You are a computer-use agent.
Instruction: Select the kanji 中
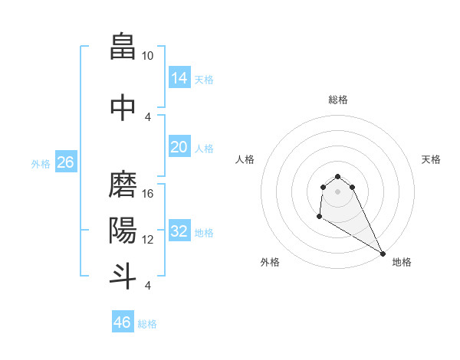click(123, 106)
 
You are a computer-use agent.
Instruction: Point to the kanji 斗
click(123, 275)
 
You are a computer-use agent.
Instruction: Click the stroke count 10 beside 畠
click(148, 56)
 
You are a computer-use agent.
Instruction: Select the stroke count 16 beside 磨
click(148, 194)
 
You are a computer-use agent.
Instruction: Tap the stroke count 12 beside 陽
click(148, 239)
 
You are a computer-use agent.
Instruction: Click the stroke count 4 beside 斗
click(147, 286)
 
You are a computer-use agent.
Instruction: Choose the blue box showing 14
click(179, 77)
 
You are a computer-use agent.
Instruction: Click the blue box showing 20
click(179, 146)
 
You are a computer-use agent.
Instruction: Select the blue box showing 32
click(179, 231)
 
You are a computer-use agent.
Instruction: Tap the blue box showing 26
click(65, 162)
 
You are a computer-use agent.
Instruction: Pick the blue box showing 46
click(123, 322)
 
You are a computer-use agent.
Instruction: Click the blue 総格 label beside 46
click(148, 324)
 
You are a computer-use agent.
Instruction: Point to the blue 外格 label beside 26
click(41, 163)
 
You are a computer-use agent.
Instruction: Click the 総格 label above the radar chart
click(338, 100)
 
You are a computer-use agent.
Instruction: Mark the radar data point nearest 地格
click(383, 253)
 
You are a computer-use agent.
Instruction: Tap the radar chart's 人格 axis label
click(245, 159)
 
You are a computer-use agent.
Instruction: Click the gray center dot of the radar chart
click(337, 191)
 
